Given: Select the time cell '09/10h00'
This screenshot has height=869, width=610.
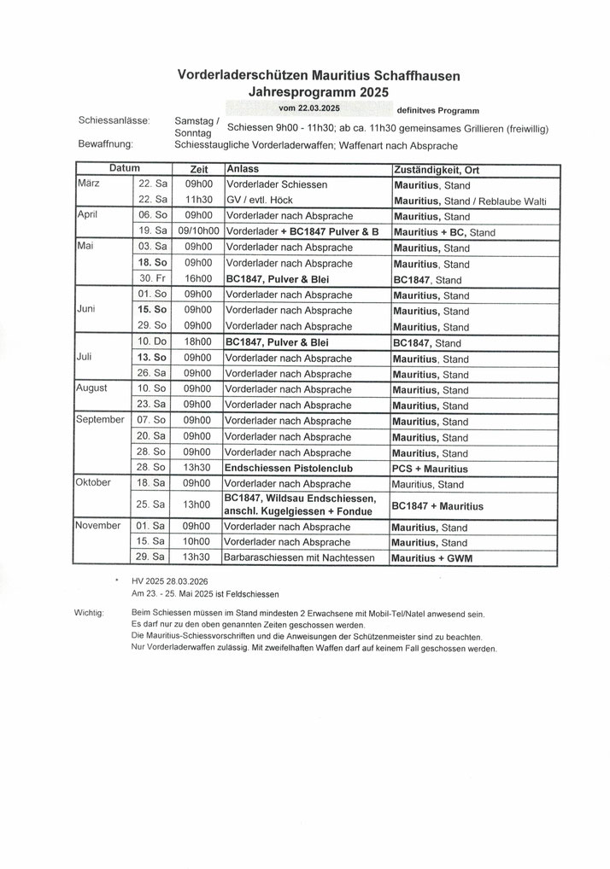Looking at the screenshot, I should click(196, 232).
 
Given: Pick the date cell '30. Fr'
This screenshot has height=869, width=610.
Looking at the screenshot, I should click(152, 280).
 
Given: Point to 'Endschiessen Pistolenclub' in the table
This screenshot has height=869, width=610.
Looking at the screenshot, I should click(295, 469).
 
